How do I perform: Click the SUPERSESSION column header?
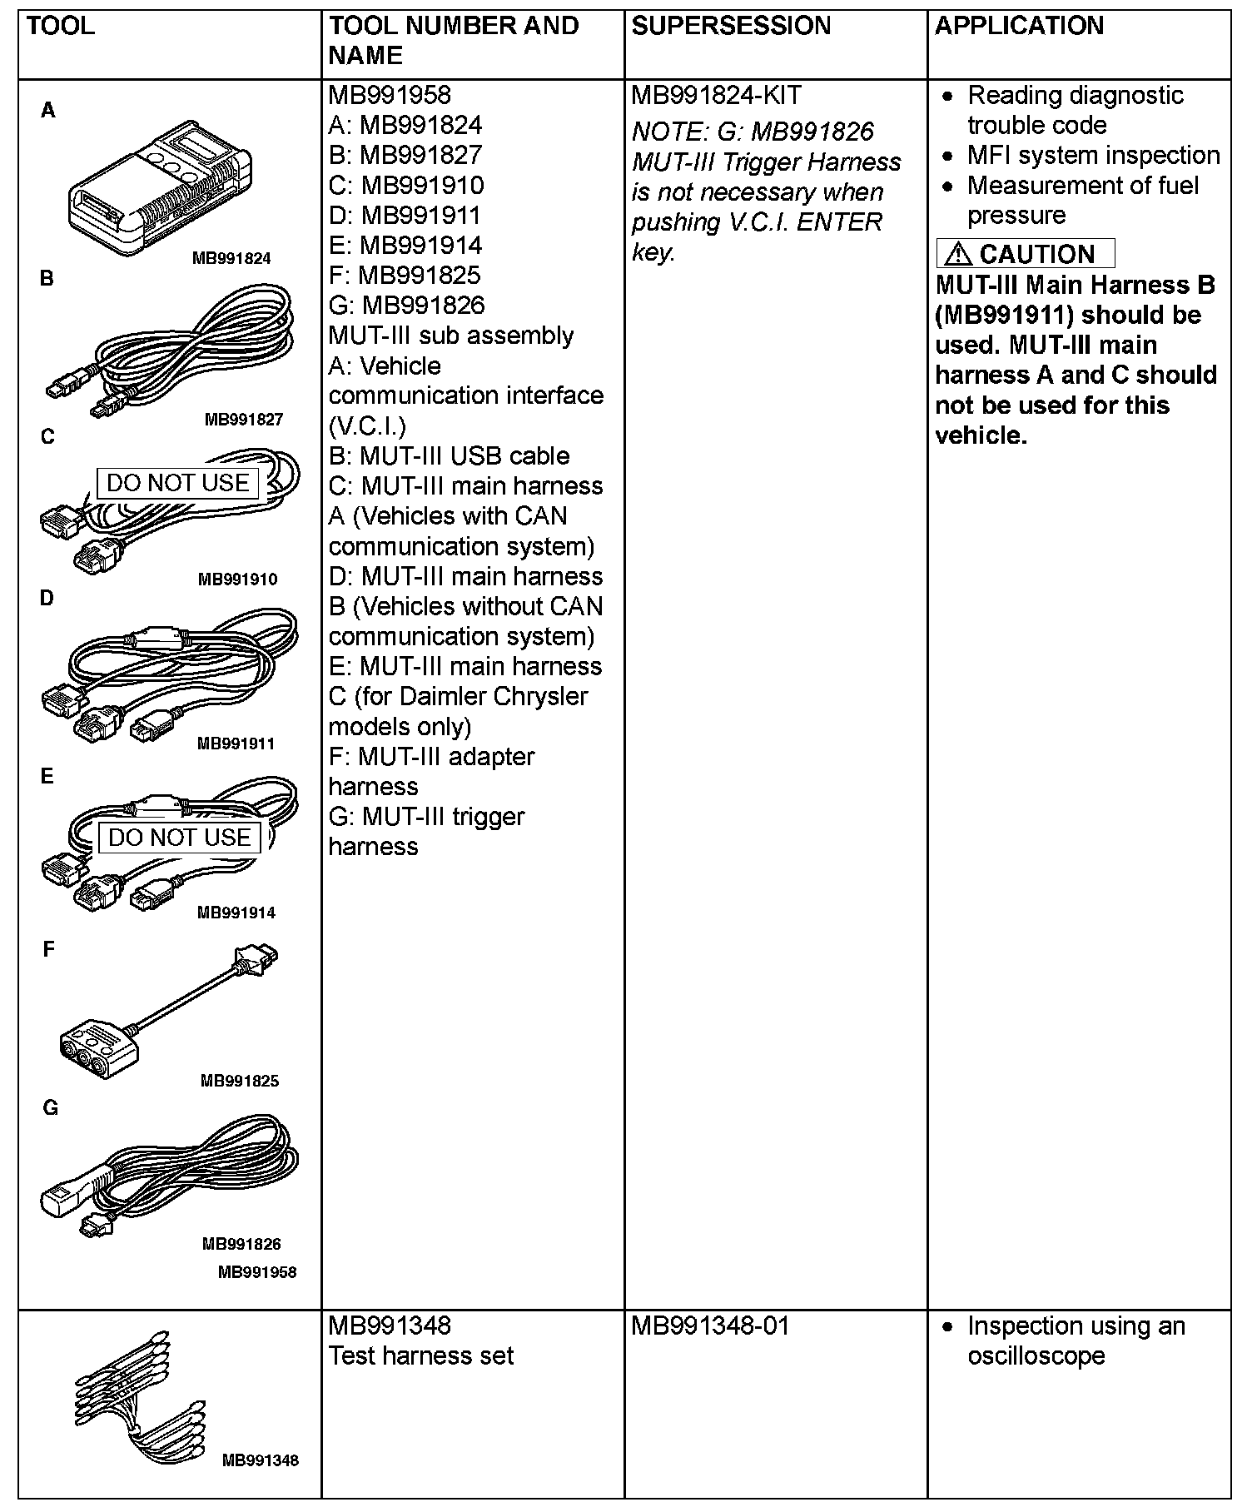coord(731,26)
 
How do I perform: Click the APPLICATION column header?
coord(1019,26)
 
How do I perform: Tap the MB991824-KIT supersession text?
coord(716,96)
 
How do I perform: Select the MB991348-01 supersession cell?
coord(710,1325)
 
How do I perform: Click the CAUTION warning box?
coord(1025,254)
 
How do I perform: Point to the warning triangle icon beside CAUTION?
coord(957,254)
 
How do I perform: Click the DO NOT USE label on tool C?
coord(178,483)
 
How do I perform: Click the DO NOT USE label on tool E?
coord(180,838)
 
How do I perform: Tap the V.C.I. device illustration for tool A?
coord(158,187)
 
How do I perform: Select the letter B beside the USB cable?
coord(47,278)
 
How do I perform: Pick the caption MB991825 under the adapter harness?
coord(240,1081)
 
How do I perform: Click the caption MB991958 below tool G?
coord(257,1271)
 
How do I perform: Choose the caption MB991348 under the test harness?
coord(261,1460)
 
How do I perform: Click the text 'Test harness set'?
coord(421,1356)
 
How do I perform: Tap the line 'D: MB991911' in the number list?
coord(405,216)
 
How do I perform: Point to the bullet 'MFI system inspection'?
coord(1093,156)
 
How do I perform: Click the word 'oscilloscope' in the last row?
coord(1036,1356)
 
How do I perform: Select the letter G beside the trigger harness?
coord(50,1108)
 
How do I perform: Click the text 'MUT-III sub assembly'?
coord(451,336)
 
